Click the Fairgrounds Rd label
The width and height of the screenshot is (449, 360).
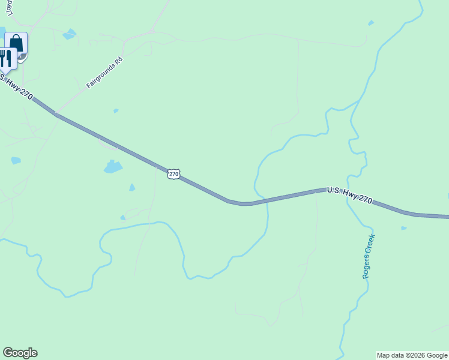pyautogui.click(x=104, y=73)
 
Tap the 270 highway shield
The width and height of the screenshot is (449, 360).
pyautogui.click(x=173, y=174)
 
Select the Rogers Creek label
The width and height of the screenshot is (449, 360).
pyautogui.click(x=369, y=256)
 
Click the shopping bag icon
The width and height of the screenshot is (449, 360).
pyautogui.click(x=16, y=44)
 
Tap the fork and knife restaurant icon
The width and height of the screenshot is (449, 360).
pyautogui.click(x=5, y=58)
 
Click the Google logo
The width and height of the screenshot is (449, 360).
pyautogui.click(x=20, y=353)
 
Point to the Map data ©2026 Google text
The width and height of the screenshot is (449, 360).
pyautogui.click(x=412, y=355)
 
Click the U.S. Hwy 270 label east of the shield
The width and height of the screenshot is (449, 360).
pyautogui.click(x=349, y=194)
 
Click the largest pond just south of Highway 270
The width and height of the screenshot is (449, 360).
pyautogui.click(x=113, y=167)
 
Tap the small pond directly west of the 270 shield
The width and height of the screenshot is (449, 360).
pyautogui.click(x=132, y=187)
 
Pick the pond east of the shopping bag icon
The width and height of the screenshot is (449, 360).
pyautogui.click(x=70, y=34)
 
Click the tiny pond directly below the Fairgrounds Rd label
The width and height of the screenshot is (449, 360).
pyautogui.click(x=116, y=111)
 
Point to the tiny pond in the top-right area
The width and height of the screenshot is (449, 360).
pyautogui.click(x=371, y=23)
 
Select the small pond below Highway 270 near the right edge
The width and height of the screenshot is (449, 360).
pyautogui.click(x=403, y=228)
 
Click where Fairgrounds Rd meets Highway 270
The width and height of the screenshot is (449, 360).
pyautogui.click(x=58, y=114)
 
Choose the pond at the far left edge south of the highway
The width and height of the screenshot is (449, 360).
pyautogui.click(x=16, y=161)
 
